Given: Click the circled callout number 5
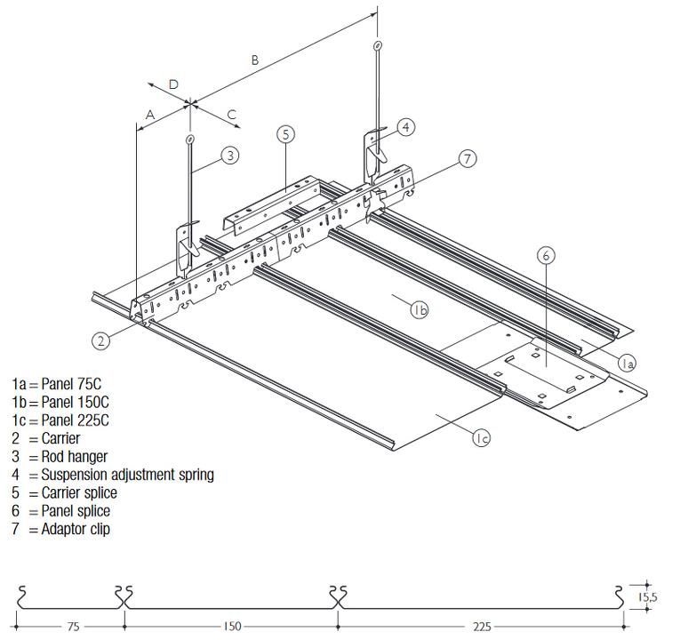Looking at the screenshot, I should click(285, 134).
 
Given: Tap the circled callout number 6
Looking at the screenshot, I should click(547, 256).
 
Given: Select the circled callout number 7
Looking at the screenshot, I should click(468, 158).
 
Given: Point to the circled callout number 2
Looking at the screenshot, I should click(102, 339).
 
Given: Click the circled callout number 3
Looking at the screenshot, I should click(229, 156).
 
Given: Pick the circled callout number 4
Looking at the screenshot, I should click(404, 127).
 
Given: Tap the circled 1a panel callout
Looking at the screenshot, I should click(627, 362).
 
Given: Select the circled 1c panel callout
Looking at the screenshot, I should click(481, 437).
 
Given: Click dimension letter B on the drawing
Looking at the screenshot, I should click(255, 60).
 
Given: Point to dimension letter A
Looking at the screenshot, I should click(151, 115).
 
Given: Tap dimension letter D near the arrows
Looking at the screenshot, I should click(174, 84).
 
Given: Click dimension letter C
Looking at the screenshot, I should click(231, 114).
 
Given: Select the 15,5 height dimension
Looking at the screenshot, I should click(647, 597).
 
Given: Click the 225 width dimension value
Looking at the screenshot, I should click(481, 627).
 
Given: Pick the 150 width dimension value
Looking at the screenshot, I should click(231, 627).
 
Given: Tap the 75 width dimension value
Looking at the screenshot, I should click(72, 627).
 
